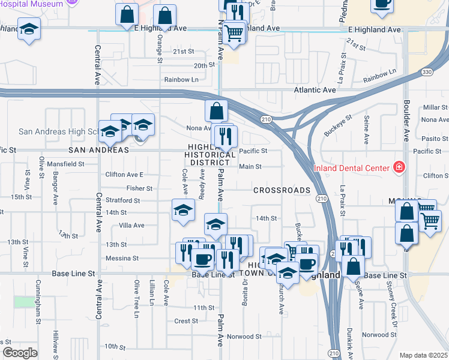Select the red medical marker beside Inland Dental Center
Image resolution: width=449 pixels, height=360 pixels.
tap(398, 167)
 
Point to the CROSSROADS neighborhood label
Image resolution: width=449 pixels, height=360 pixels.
tap(282, 190)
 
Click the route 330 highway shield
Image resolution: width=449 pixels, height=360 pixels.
tap(426, 72)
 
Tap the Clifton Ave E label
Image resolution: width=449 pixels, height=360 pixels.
tap(124, 175)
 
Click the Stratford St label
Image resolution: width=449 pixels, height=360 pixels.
tap(124, 200)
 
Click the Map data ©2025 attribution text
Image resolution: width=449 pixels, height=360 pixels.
tap(424, 355)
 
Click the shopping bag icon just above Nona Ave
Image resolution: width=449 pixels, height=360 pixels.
tap(216, 111)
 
